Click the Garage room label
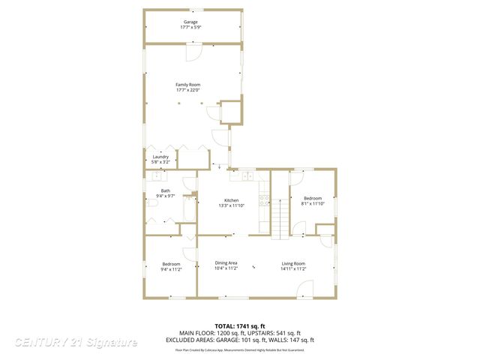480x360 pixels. (190, 22)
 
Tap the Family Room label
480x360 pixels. (188, 85)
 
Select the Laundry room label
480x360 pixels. (160, 157)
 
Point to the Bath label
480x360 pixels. (165, 190)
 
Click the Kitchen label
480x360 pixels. (232, 200)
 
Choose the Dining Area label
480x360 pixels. (226, 262)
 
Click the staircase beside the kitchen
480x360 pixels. (280, 218)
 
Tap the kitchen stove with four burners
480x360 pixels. (264, 200)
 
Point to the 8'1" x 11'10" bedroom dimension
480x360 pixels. (313, 203)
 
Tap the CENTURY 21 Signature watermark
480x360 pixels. (76, 342)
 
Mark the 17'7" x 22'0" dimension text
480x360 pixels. (188, 91)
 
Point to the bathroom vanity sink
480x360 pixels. (158, 178)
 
